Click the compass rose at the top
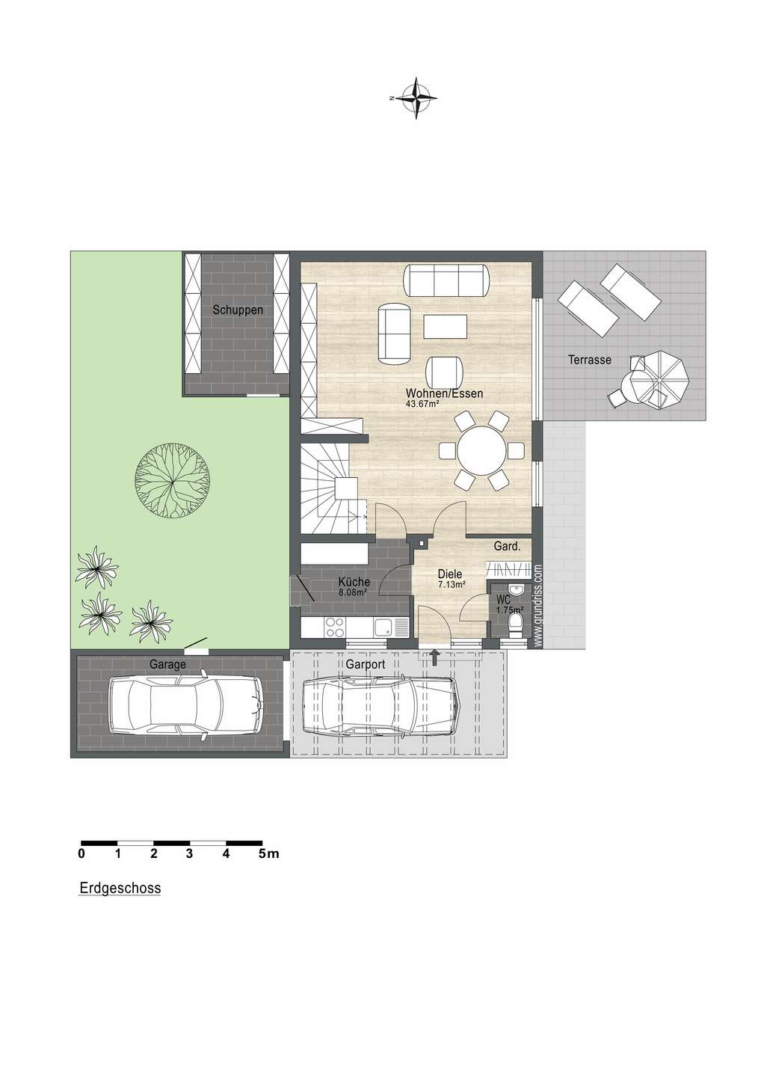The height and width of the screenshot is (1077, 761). point(416,98)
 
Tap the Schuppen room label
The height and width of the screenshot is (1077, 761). point(238,310)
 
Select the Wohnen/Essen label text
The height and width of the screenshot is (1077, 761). point(444,393)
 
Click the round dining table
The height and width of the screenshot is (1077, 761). point(481,451)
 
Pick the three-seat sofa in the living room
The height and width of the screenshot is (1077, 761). point(446,280)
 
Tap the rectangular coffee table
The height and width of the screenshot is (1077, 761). point(445,326)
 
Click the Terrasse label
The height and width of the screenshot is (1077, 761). point(590,360)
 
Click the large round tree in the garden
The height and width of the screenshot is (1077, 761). point(172,480)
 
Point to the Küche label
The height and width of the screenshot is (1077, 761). point(354,582)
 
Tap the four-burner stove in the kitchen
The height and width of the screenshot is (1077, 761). point(335,627)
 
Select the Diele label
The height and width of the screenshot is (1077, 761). point(450,574)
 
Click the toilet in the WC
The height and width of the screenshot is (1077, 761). point(516,625)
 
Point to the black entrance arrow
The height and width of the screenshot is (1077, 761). point(435,657)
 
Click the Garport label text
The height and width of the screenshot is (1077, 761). point(366,664)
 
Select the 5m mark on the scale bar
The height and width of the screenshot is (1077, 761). point(268,854)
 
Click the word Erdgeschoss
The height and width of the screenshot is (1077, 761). point(120,888)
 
